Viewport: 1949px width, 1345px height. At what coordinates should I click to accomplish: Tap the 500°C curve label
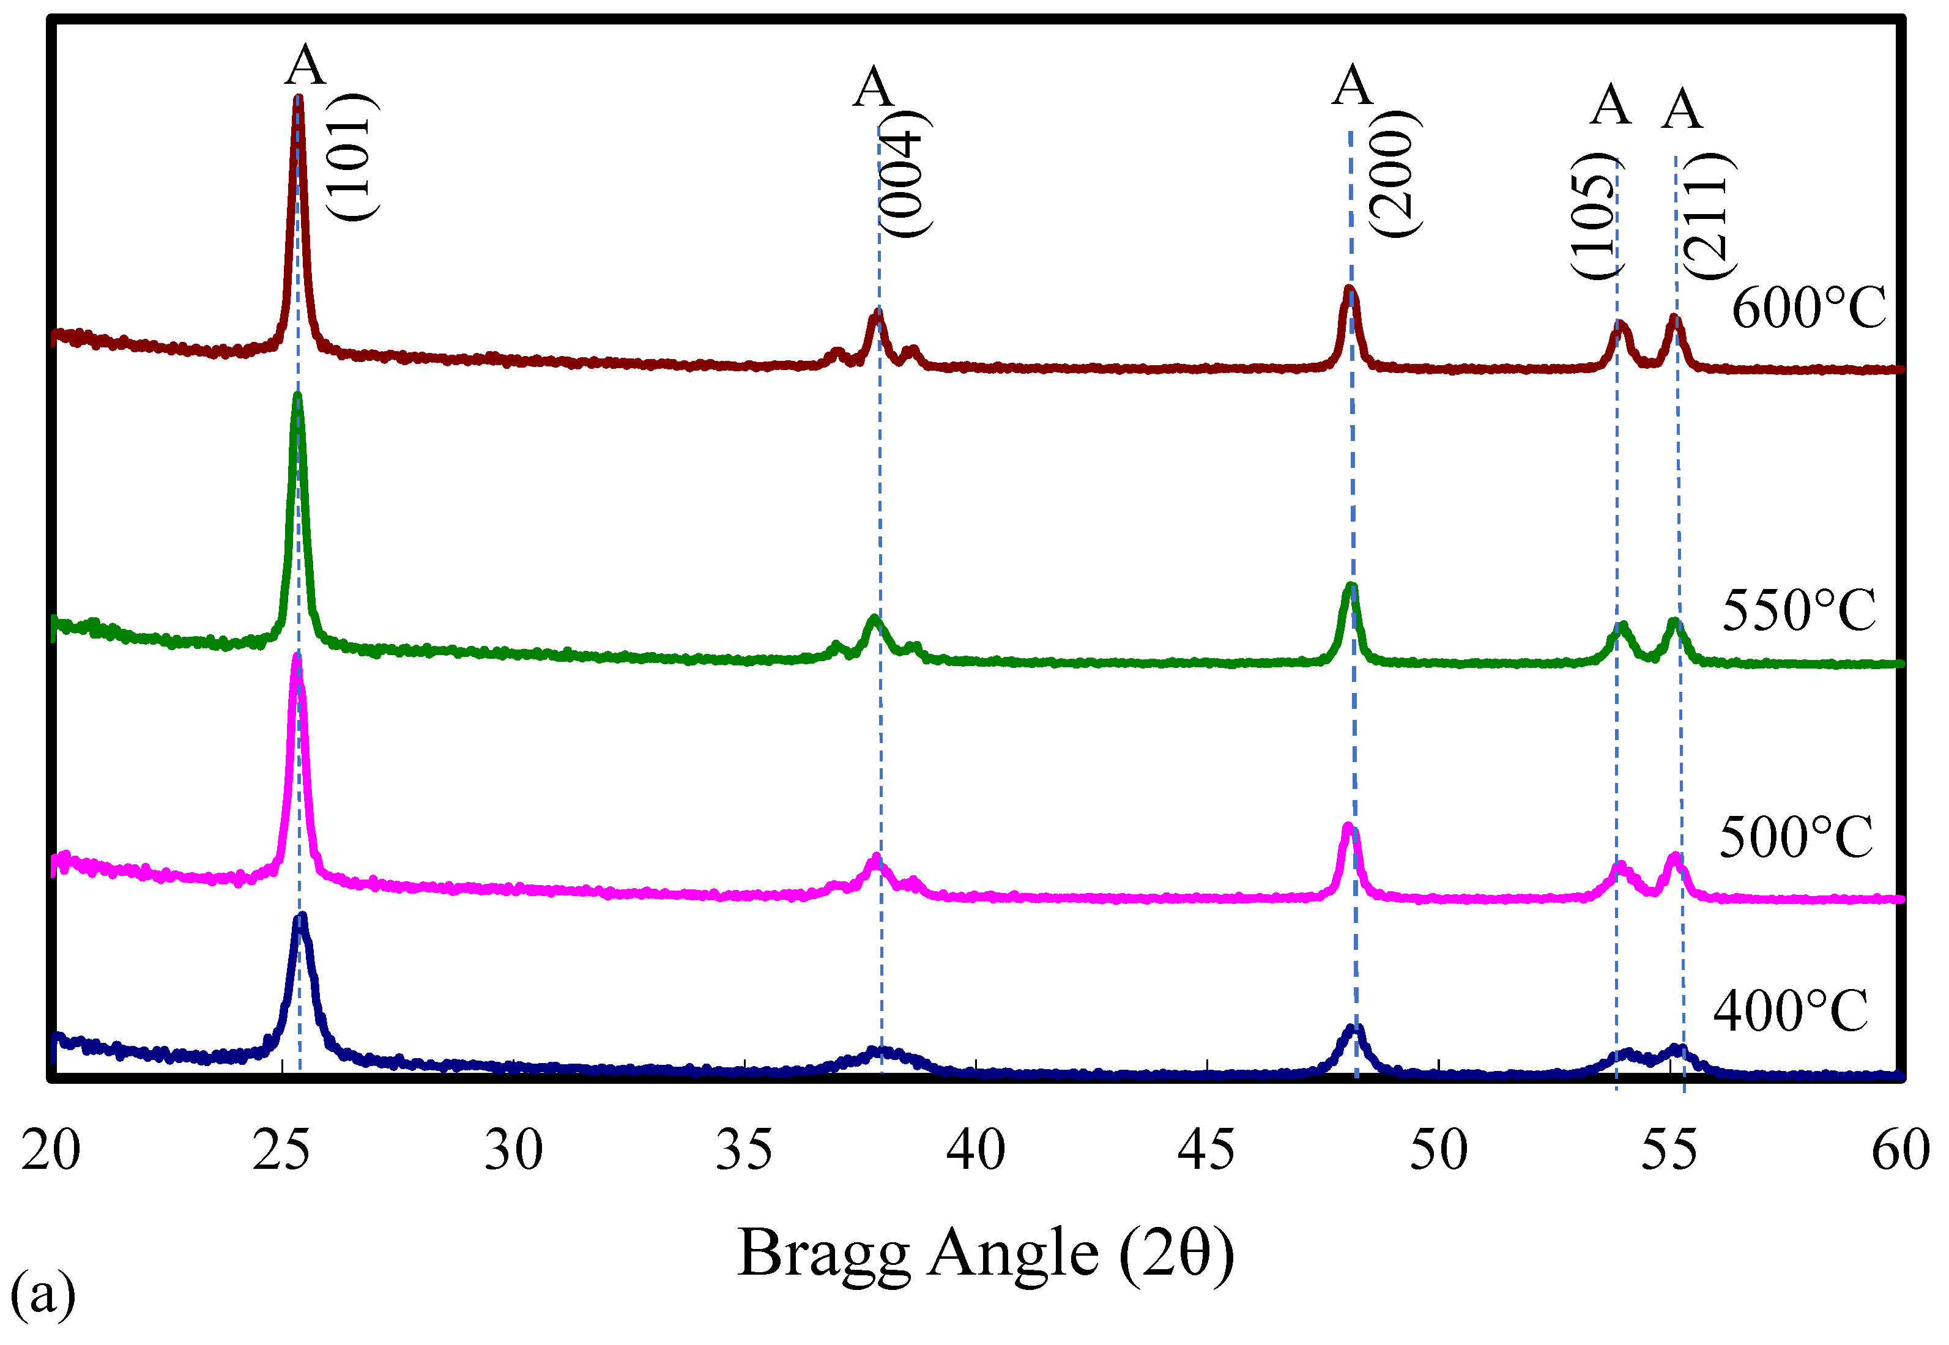click(1795, 839)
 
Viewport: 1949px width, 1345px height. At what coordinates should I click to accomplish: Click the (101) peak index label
click(351, 158)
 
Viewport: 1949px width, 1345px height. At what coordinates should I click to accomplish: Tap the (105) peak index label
click(1595, 217)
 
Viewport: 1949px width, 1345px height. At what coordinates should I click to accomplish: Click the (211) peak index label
click(1708, 217)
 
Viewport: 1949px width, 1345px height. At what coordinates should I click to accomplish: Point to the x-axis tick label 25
click(281, 1150)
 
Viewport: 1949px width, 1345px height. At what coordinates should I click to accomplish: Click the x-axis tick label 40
click(976, 1150)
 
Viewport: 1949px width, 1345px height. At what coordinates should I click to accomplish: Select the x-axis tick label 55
click(1669, 1150)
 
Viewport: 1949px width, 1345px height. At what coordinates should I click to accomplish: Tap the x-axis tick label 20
click(51, 1150)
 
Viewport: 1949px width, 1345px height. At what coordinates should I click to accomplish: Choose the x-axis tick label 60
click(1900, 1150)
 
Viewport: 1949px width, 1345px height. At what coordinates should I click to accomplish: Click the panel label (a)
click(42, 1294)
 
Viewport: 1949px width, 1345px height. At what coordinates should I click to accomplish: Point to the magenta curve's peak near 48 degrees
click(1348, 828)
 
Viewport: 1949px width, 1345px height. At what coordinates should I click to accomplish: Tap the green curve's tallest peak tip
click(297, 396)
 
